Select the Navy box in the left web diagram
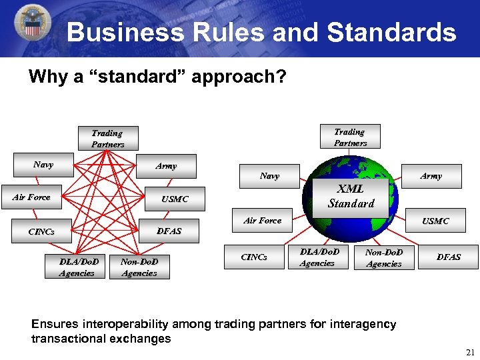tap(44, 165)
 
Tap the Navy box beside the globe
tap(269, 176)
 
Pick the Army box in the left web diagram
tap(166, 166)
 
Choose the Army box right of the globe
tap(431, 176)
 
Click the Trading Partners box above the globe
tap(350, 137)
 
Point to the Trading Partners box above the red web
tap(107, 139)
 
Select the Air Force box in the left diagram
tap(31, 197)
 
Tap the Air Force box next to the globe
tap(263, 221)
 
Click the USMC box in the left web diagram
tap(175, 199)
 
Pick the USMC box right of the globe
tap(435, 221)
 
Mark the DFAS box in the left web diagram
tap(169, 231)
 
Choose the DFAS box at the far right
tap(448, 257)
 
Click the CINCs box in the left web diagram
tap(41, 232)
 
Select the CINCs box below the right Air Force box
tap(254, 257)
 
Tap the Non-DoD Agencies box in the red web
tap(139, 267)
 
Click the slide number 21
tap(469, 351)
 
